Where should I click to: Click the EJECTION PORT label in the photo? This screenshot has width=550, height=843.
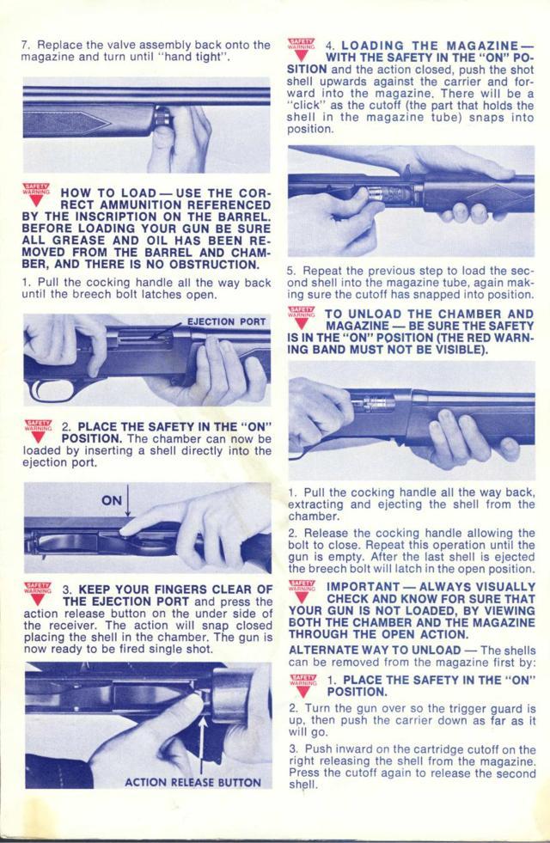(226, 322)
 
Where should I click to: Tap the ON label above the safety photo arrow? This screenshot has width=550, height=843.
(112, 499)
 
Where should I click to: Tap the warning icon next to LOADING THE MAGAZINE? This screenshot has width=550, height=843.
(302, 49)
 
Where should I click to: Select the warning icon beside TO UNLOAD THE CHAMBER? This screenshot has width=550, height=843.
(302, 318)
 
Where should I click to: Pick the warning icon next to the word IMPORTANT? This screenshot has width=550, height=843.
(302, 591)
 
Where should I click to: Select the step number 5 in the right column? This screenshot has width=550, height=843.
(290, 269)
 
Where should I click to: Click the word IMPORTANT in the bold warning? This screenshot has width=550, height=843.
(359, 586)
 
